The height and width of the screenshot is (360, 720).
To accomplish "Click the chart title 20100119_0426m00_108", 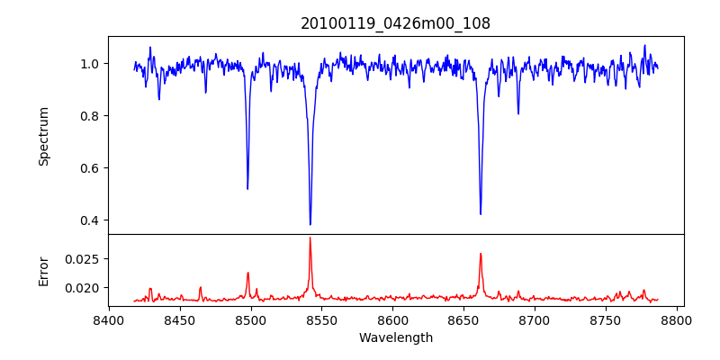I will (395, 23).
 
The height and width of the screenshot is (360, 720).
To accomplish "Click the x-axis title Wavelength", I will (395, 337).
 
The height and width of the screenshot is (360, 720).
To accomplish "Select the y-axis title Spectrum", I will (43, 136).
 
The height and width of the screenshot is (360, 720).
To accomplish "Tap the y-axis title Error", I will (43, 270).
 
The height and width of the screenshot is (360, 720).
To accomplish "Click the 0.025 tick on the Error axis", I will (84, 258).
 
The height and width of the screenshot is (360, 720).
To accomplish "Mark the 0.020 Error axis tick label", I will (84, 288).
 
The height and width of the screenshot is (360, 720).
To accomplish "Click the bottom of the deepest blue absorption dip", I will (310, 224).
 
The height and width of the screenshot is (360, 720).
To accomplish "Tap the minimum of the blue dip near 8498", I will (247, 188).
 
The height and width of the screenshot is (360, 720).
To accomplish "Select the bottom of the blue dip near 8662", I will (481, 213).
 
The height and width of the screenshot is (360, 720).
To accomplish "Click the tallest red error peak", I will (310, 238).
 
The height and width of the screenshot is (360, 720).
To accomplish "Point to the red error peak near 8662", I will (481, 254).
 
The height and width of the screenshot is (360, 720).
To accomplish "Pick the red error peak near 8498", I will (247, 273).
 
